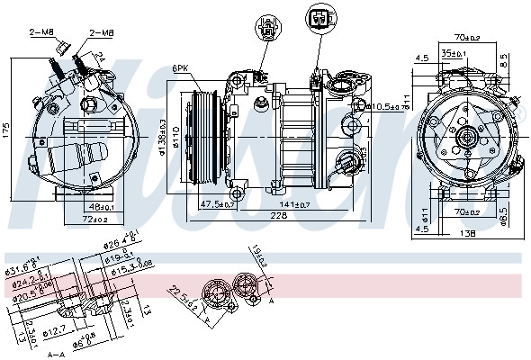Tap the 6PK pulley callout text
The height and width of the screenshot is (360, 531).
[181, 67]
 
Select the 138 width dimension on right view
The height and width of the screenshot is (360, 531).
[466, 232]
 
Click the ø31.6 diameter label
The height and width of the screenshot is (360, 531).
[22, 267]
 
